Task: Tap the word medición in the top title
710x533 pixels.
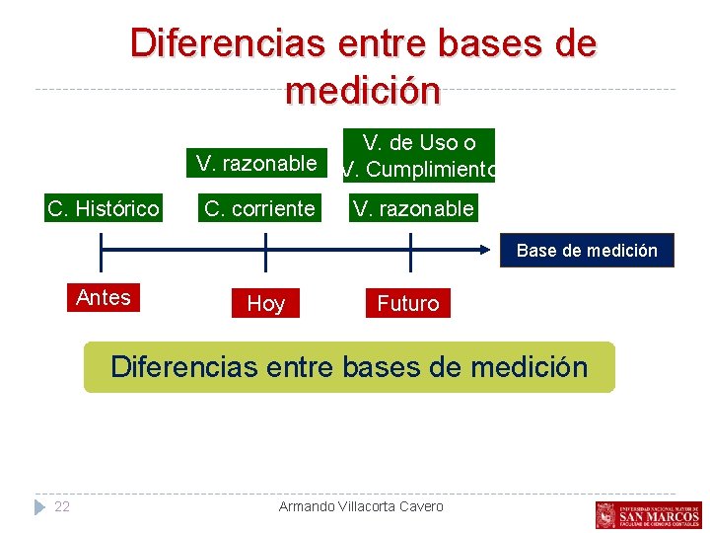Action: point(362,91)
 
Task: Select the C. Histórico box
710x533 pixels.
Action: point(104,208)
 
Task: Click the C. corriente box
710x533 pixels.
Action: point(259,208)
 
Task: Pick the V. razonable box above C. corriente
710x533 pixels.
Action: point(256,163)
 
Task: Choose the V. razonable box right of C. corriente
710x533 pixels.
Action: point(413,208)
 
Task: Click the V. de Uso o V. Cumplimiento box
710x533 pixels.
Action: point(418,156)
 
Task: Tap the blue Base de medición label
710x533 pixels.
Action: point(587,251)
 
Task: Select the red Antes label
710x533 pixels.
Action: point(104,297)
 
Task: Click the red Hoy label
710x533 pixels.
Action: point(265,304)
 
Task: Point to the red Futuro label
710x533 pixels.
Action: point(407,304)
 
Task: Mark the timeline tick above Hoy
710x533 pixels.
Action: point(265,252)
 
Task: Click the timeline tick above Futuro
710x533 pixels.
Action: point(409,252)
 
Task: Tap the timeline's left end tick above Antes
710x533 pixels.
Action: point(103,252)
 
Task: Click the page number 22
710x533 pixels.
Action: point(62,506)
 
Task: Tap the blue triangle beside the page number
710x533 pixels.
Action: point(39,506)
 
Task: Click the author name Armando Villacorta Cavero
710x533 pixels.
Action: point(361,506)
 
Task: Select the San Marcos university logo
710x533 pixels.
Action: point(648,514)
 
